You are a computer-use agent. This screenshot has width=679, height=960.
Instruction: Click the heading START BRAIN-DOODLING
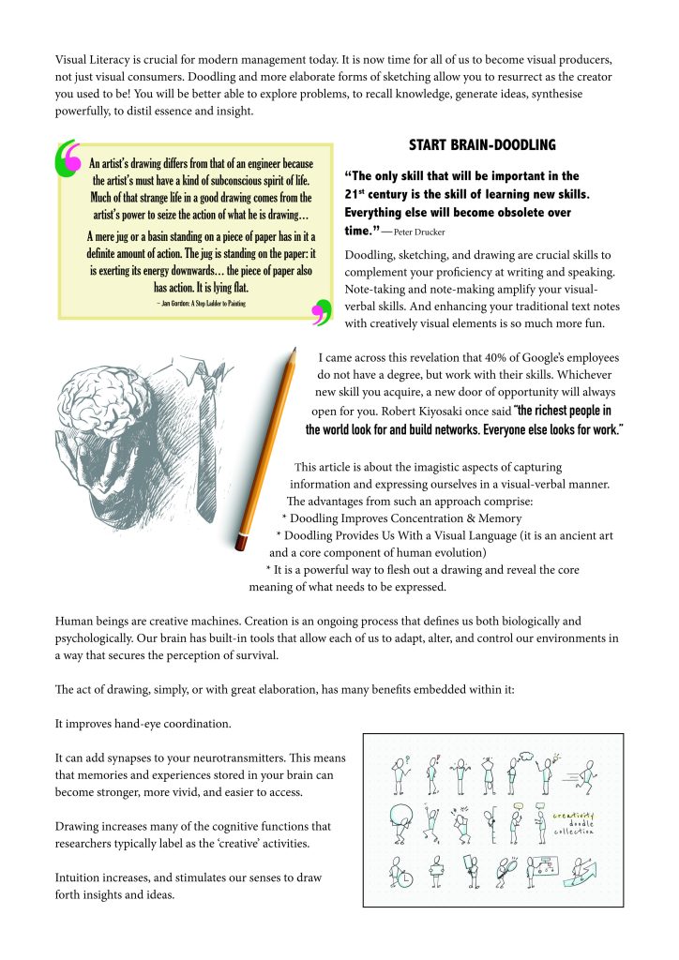coord(482,145)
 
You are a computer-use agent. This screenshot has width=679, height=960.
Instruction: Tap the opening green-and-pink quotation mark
coord(68,159)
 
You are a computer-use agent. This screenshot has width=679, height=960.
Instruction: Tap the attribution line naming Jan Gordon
coord(196,305)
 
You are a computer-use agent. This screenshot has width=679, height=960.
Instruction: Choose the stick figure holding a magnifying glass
coord(506,874)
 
